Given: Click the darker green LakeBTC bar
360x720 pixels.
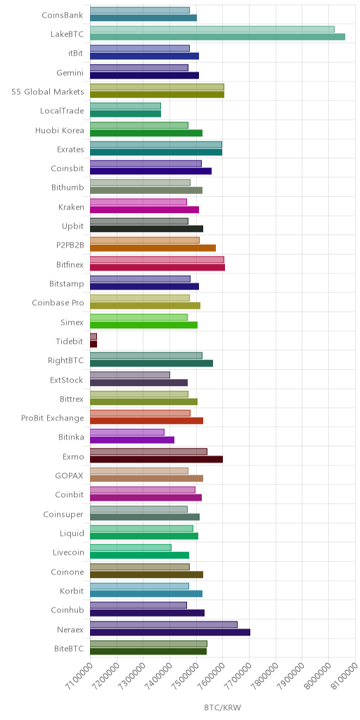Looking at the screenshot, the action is [x=218, y=37].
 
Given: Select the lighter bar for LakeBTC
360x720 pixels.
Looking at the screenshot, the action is [x=212, y=30].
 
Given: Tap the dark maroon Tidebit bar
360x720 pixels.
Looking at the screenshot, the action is [x=94, y=344].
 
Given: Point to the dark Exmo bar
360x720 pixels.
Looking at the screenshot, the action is [x=157, y=459].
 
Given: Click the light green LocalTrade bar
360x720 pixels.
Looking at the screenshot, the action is [x=125, y=106].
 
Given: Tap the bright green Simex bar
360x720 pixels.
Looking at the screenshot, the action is [x=143, y=325].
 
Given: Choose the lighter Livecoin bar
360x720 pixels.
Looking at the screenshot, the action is [x=131, y=547].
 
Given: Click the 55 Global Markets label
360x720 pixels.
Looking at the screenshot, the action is [x=48, y=91].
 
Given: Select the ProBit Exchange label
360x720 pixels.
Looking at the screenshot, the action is [x=53, y=418].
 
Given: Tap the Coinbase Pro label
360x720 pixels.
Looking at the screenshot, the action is [x=58, y=302].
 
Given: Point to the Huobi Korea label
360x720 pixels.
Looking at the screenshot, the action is [x=60, y=130].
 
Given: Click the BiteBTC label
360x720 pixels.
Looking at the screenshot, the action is [x=69, y=648].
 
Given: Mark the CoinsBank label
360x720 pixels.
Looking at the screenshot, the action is [x=63, y=15].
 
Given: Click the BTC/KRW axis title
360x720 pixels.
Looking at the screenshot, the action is [x=223, y=707].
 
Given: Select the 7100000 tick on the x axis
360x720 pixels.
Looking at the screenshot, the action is [x=77, y=676].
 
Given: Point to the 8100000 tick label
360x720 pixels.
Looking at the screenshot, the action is [x=343, y=676].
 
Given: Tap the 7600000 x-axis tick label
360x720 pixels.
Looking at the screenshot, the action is [x=210, y=676].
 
